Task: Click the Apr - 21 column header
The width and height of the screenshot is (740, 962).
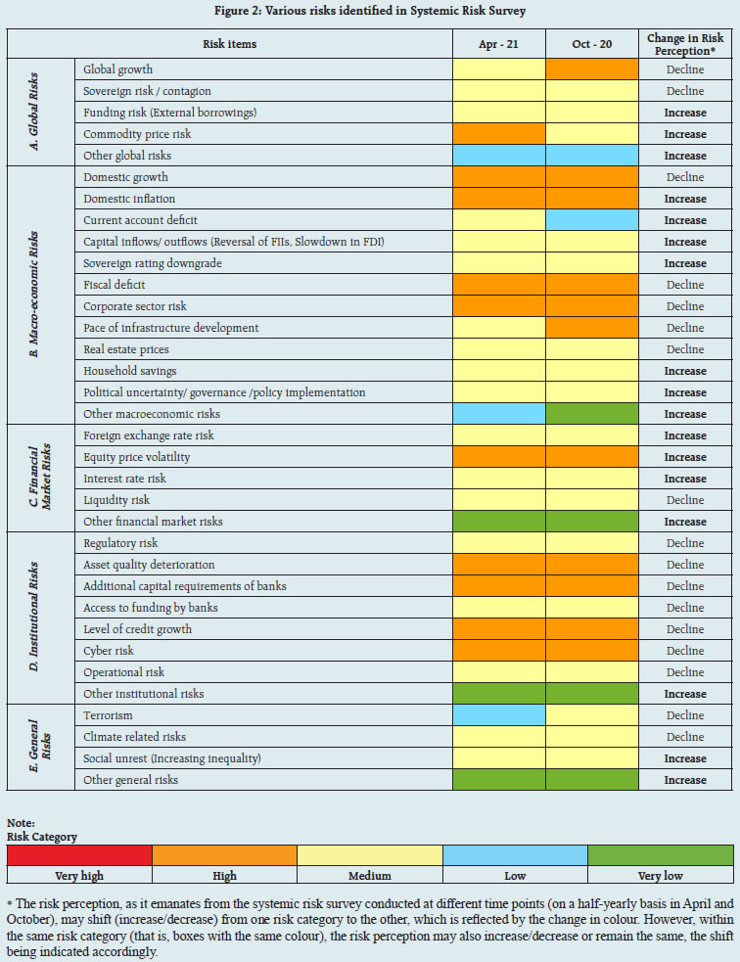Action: (499, 45)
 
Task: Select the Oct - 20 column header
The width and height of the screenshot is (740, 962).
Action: (591, 45)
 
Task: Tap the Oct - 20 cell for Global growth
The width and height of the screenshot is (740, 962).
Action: (591, 69)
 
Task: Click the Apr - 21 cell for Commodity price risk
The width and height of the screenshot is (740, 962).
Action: (499, 134)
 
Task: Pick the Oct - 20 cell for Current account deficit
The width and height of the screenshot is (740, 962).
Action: (591, 220)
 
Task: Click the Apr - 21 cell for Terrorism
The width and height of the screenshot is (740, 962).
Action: (499, 715)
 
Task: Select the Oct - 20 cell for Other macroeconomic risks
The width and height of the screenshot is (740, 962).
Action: (591, 414)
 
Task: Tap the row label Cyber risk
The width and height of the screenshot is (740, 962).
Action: (109, 651)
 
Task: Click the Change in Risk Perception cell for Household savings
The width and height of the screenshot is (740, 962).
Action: (685, 371)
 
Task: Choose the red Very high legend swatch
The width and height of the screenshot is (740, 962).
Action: (79, 854)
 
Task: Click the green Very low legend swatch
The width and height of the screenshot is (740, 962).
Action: (660, 854)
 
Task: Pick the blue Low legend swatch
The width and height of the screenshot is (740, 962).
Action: (515, 854)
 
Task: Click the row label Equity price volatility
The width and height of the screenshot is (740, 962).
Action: (137, 457)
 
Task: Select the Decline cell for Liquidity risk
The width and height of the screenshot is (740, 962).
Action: (685, 500)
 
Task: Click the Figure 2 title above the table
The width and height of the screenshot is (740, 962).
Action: (369, 12)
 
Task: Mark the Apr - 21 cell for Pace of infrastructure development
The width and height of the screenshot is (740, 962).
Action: (499, 328)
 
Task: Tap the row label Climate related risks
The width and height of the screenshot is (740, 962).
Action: (134, 737)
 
